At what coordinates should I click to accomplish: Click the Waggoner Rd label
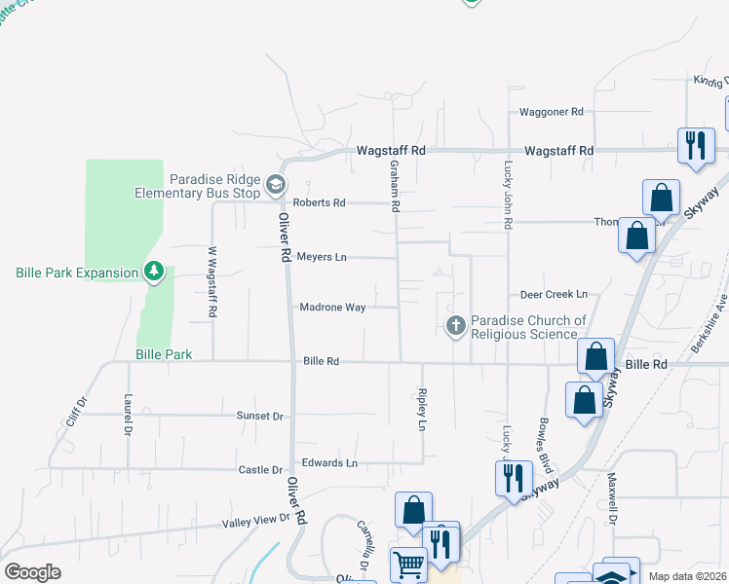tap(551, 112)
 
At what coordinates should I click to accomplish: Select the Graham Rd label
tap(397, 187)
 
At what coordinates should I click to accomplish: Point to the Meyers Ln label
tap(322, 258)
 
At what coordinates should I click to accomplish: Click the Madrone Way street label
tap(332, 308)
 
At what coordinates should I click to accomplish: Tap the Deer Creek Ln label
tap(554, 294)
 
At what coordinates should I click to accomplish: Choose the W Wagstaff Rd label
tap(211, 281)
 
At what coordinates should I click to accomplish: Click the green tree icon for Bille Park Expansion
tap(153, 271)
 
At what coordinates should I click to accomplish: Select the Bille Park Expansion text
tap(77, 273)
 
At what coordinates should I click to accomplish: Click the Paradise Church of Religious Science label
tap(528, 327)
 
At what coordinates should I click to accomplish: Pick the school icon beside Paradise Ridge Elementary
tap(276, 185)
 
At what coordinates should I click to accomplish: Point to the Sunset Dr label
tap(259, 416)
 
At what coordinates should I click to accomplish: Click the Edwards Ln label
tap(329, 462)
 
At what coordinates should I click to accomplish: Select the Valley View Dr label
tap(255, 522)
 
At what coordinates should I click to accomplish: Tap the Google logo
tap(32, 572)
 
